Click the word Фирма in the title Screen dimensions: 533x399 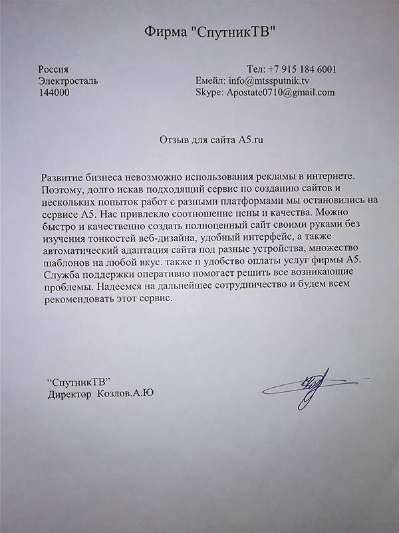click(x=163, y=31)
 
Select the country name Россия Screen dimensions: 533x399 click(x=54, y=69)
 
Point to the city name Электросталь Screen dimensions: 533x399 click(x=69, y=81)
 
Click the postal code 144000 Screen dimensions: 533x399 click(x=57, y=93)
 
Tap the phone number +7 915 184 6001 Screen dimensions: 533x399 click(x=301, y=69)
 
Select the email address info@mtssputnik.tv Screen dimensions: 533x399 click(x=269, y=81)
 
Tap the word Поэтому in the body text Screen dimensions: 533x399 click(x=61, y=189)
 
